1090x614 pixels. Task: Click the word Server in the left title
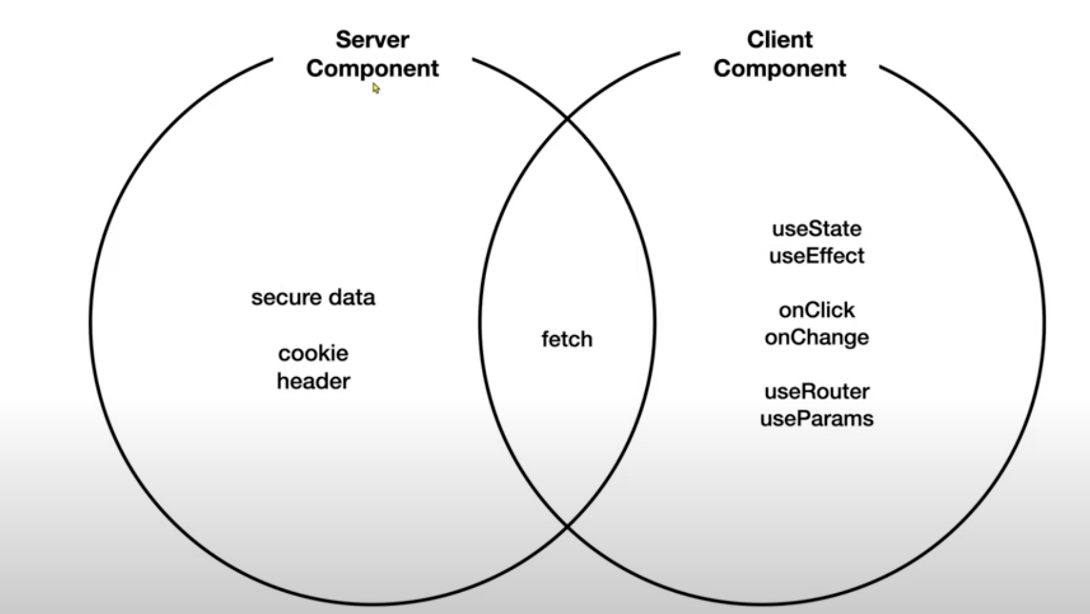[372, 40]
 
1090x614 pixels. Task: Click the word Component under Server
[372, 69]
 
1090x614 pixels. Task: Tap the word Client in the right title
[779, 40]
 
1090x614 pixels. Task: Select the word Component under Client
[779, 69]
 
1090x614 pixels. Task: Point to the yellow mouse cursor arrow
[376, 88]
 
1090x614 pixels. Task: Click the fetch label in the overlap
[567, 339]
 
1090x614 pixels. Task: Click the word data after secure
[352, 298]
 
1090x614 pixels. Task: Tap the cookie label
[313, 354]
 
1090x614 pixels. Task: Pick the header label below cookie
[313, 381]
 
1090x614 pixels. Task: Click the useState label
[816, 229]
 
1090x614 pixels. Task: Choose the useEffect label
[816, 256]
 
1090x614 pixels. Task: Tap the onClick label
[816, 310]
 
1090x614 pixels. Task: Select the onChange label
[816, 337]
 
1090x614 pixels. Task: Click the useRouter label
[816, 391]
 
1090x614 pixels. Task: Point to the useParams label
[816, 419]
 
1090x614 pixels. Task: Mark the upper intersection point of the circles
[567, 118]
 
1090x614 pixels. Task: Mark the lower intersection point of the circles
[567, 526]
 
